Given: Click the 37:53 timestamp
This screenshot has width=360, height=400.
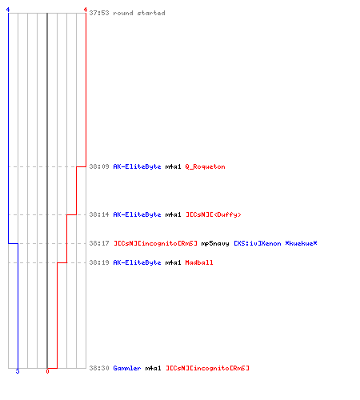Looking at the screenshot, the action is point(99,13).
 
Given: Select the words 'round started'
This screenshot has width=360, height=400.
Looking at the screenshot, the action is point(139,13).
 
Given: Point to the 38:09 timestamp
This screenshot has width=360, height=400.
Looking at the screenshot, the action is point(99,166).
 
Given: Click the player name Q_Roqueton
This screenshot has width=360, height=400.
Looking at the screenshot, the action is point(205,166).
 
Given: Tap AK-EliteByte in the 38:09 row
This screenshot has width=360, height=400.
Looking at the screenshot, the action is point(137,166).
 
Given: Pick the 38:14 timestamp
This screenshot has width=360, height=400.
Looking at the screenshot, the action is point(99,214).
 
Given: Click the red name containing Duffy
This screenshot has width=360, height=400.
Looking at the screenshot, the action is point(214,214).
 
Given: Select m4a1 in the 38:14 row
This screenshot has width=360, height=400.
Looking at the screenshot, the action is point(173,214).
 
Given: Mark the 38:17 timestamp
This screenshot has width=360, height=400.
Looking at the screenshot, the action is point(99,243).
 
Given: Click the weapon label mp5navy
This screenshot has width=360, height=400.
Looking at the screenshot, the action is point(215,243).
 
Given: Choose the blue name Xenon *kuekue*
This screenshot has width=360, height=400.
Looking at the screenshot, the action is point(275,243).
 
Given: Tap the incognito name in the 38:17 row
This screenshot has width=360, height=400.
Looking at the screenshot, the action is point(155,243).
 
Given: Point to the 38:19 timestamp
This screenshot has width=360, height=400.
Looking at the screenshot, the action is point(99,262).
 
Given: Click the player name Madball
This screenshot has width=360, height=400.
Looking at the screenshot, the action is point(199,262).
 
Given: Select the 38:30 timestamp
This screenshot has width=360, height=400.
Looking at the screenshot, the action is point(99,368).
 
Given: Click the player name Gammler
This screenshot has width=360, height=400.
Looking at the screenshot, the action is point(127,368).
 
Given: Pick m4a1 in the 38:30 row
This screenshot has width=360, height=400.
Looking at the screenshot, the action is point(153,368).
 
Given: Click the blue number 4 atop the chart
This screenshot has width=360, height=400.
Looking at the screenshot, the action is point(8,10).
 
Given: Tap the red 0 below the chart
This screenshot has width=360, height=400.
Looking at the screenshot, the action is point(47,371).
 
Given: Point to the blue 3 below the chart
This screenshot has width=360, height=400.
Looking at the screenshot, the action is point(18,371).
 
